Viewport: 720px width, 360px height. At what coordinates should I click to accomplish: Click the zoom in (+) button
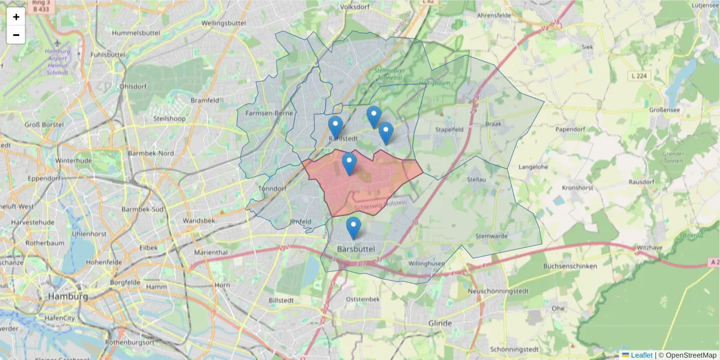pyautogui.click(x=16, y=17)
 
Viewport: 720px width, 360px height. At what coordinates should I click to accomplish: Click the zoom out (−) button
pyautogui.click(x=16, y=35)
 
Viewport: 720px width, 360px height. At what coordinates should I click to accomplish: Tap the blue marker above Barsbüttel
pyautogui.click(x=353, y=229)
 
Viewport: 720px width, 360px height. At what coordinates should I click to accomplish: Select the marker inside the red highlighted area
pyautogui.click(x=349, y=164)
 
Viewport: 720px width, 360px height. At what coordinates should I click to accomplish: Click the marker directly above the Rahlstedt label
pyautogui.click(x=335, y=127)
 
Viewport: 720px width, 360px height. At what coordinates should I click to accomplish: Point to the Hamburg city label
pyautogui.click(x=68, y=296)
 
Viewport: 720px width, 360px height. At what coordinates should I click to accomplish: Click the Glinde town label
pyautogui.click(x=440, y=323)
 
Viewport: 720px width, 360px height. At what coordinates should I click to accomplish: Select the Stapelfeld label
pyautogui.click(x=451, y=128)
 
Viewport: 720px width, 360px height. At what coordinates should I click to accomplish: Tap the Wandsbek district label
pyautogui.click(x=199, y=220)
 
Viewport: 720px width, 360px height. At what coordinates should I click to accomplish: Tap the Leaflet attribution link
pyautogui.click(x=641, y=355)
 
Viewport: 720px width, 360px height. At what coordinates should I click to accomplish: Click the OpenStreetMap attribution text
pyautogui.click(x=691, y=355)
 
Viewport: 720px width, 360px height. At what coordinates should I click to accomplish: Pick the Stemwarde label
pyautogui.click(x=491, y=236)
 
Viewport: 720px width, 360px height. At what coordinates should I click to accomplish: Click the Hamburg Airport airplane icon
pyautogui.click(x=57, y=43)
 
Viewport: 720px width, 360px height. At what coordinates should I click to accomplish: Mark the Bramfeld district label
pyautogui.click(x=205, y=100)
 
